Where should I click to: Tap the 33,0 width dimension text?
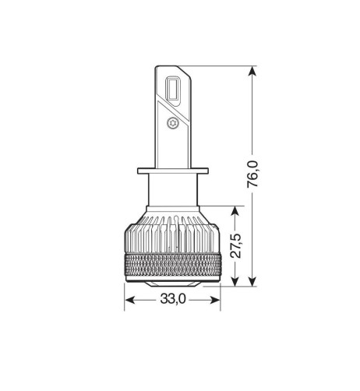(172, 298)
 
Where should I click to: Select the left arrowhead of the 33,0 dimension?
(129, 299)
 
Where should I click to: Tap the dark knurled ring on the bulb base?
(172, 266)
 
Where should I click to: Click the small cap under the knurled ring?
(172, 285)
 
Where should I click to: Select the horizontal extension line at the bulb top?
(226, 67)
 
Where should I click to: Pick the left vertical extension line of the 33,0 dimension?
(125, 292)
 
